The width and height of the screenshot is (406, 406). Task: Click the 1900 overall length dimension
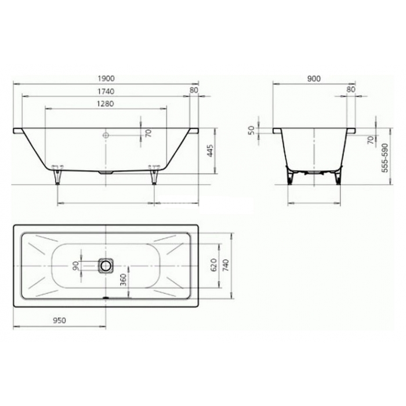pos(106,78)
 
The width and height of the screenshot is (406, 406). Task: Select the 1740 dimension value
pos(106,92)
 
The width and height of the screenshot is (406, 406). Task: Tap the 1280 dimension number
pos(106,104)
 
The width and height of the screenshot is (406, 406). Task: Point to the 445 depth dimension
pos(210,151)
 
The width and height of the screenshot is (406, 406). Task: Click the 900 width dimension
pos(314,78)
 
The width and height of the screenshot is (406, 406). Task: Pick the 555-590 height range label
pos(385,157)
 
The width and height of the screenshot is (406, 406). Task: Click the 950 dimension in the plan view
pos(60,321)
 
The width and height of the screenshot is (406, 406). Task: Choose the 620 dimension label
pos(213,265)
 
